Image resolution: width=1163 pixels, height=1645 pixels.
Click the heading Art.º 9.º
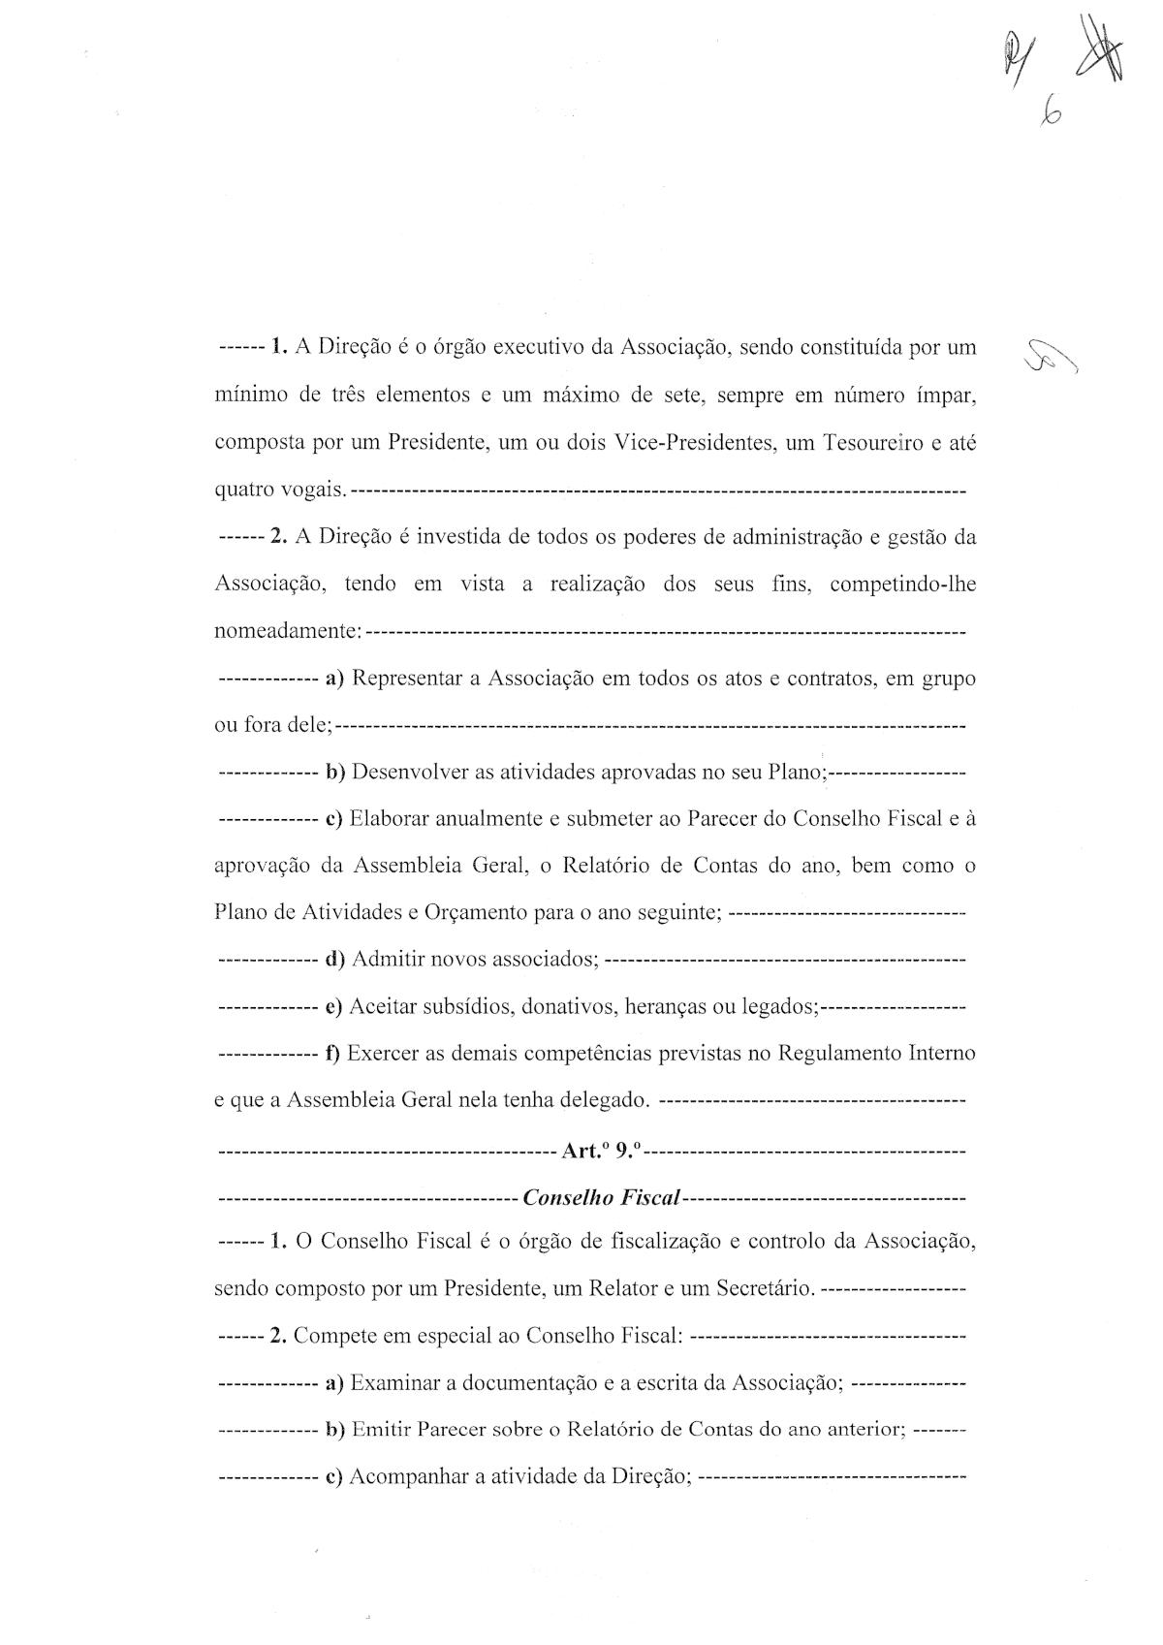coord(601,1151)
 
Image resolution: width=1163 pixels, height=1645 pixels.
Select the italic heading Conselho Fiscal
coord(601,1197)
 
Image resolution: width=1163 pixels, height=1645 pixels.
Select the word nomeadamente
coord(286,632)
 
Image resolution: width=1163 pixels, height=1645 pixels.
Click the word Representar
coord(407,679)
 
